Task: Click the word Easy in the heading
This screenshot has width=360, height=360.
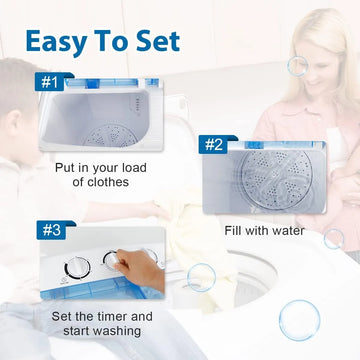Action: (x=56, y=42)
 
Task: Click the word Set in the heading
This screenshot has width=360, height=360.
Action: (x=157, y=41)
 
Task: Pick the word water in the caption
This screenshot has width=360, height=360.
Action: (x=288, y=231)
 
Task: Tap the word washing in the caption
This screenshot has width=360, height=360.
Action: (x=117, y=331)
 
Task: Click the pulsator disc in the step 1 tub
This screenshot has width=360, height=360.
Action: (x=111, y=136)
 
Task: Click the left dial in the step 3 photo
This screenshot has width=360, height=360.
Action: (x=77, y=268)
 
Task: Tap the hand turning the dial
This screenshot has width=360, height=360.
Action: (x=140, y=267)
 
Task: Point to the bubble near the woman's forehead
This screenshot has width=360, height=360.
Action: (x=297, y=66)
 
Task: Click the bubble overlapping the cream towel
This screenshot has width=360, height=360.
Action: (x=201, y=277)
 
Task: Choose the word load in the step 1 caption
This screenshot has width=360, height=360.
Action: (x=133, y=167)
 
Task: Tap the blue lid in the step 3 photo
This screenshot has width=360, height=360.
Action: (x=97, y=288)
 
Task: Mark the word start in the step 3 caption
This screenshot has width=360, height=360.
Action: (x=77, y=331)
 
